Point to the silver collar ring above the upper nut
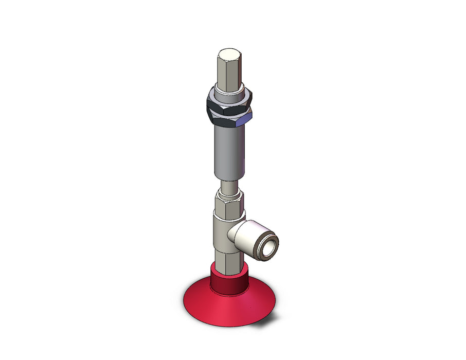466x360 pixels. (x=229, y=93)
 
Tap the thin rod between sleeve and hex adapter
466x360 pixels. (x=228, y=184)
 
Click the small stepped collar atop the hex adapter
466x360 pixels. (x=228, y=194)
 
